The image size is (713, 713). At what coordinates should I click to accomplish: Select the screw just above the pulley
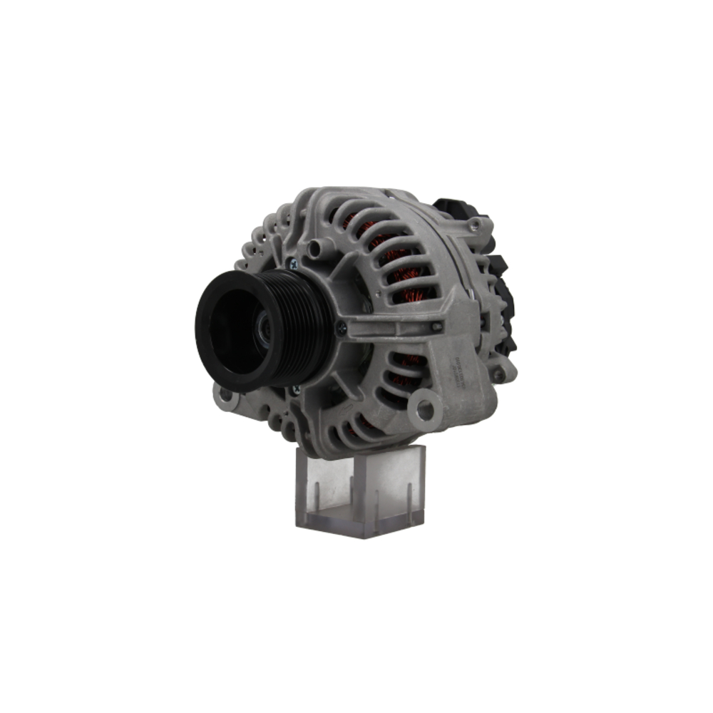tap(293, 263)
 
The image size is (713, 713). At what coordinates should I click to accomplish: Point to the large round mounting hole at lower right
tap(425, 409)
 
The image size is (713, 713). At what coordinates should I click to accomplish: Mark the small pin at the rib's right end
tap(436, 326)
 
